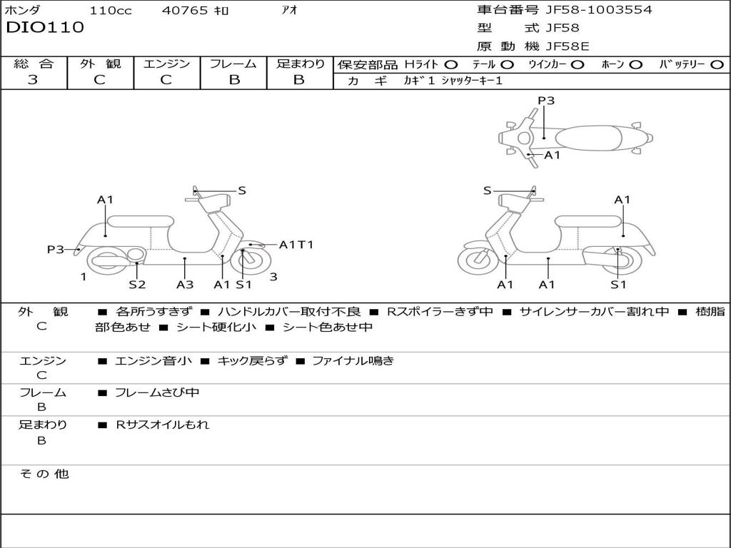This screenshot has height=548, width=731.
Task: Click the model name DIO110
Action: click(45, 28)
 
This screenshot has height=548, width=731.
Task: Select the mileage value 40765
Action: click(185, 10)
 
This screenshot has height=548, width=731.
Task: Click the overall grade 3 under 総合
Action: click(33, 80)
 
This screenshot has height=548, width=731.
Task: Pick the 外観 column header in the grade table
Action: click(100, 64)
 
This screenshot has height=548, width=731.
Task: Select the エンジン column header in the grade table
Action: click(166, 64)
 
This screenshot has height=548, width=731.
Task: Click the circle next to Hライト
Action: click(451, 64)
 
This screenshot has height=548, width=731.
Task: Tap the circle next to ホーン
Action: click(636, 64)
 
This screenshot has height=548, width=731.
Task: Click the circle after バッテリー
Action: click(717, 64)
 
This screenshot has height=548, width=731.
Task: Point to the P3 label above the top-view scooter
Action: click(546, 101)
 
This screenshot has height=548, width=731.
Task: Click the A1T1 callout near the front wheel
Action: click(296, 245)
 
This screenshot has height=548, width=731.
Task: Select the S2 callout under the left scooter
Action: click(137, 284)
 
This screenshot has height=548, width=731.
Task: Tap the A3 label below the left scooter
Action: click(185, 284)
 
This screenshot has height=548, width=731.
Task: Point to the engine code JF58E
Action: click(567, 46)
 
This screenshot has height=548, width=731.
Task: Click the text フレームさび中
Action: click(157, 392)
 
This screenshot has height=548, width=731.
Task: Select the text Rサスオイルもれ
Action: click(163, 425)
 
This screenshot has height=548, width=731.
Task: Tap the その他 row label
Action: click(44, 474)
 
